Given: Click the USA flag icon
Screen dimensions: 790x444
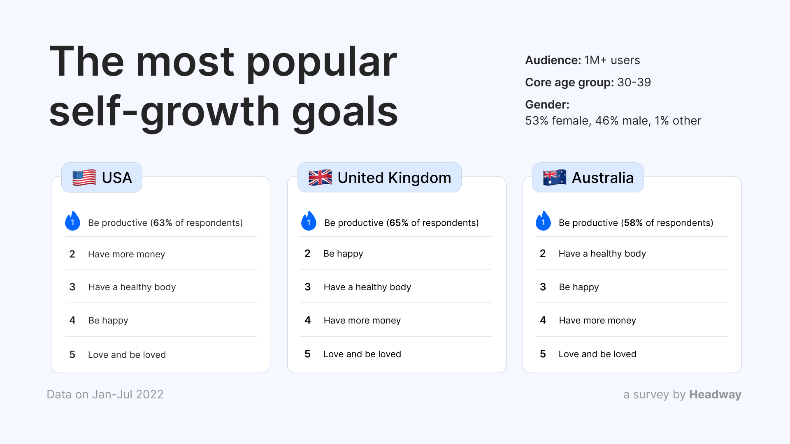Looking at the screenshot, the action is (x=84, y=178).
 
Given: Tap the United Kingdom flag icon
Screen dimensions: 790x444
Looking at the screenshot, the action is (x=320, y=178).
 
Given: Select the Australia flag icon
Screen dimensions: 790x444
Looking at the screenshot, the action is (x=555, y=178).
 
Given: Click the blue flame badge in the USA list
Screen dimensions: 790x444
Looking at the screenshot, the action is (x=73, y=221).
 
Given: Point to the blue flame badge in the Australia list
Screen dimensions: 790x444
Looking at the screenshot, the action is (x=543, y=221).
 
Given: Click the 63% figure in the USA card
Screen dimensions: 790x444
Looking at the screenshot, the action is (x=163, y=223).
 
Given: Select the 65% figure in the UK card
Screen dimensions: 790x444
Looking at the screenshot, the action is (x=399, y=223).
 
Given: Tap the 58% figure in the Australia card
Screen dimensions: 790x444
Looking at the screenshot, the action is (x=634, y=223).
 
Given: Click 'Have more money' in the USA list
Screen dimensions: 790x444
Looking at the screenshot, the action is (x=127, y=254).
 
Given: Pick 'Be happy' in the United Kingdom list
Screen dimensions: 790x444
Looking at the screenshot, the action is (x=343, y=254).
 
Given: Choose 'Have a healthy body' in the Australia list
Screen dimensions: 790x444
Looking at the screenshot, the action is (x=602, y=254).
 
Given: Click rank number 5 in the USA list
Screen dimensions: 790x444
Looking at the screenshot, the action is (x=72, y=354).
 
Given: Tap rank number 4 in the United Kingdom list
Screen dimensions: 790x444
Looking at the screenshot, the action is (x=308, y=320).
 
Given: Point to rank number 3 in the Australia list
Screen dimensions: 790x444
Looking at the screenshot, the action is (x=543, y=287).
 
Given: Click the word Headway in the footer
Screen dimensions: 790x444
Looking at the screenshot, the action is (x=716, y=394).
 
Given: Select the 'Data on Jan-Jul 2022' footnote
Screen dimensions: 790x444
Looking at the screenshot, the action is (x=105, y=394).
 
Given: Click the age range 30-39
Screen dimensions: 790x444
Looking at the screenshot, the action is (x=634, y=82).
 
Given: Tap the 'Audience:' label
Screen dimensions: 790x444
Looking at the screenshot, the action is (x=553, y=60).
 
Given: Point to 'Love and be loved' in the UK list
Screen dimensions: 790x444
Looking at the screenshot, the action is (x=362, y=354).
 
